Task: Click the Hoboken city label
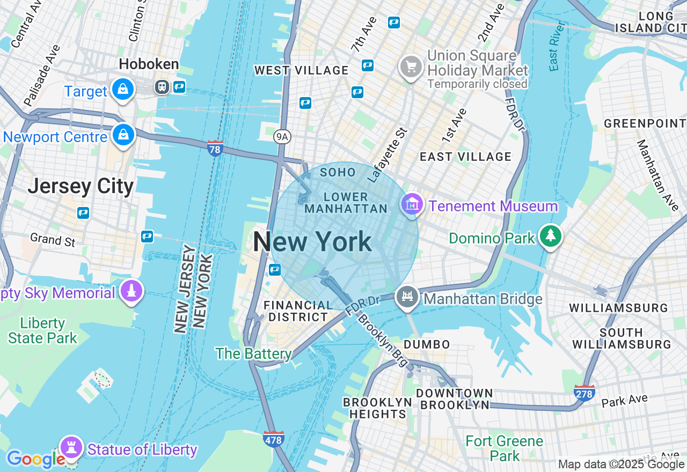[149, 64]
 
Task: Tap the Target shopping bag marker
[123, 90]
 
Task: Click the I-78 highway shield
[215, 149]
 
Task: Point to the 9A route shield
[282, 137]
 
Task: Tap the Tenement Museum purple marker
[412, 204]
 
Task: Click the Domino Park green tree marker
[550, 236]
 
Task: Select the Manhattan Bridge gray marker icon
[407, 297]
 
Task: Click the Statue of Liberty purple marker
[71, 447]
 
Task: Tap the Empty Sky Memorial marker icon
[131, 291]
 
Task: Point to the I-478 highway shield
[274, 439]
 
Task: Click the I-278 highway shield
[584, 393]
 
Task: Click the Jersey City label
[81, 186]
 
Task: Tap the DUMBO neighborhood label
[427, 344]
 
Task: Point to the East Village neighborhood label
[465, 157]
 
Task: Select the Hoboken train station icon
[162, 87]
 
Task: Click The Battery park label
[253, 353]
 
